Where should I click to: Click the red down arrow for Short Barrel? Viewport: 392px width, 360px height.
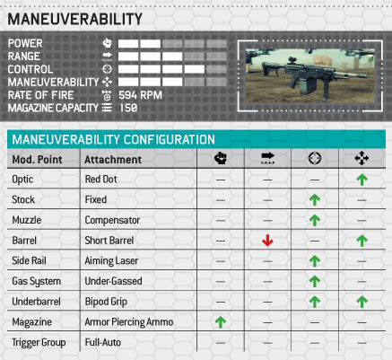pyautogui.click(x=267, y=241)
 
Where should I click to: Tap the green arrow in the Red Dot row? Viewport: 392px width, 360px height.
pyautogui.click(x=362, y=180)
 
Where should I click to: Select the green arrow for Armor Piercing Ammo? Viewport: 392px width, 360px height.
pyautogui.click(x=221, y=322)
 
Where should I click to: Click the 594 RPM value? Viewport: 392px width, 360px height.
pyautogui.click(x=140, y=95)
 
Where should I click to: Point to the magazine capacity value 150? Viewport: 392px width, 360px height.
pyautogui.click(x=128, y=108)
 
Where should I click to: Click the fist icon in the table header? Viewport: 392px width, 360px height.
pyautogui.click(x=221, y=158)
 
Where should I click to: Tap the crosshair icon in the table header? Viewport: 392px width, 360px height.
pyautogui.click(x=315, y=158)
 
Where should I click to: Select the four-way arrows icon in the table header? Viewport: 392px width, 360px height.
pyautogui.click(x=362, y=158)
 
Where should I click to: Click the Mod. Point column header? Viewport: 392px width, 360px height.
pyautogui.click(x=37, y=160)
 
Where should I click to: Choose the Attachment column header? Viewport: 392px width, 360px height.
pyautogui.click(x=113, y=160)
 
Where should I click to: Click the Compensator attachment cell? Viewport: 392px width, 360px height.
pyautogui.click(x=112, y=220)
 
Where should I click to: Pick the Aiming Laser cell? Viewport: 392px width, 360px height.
pyautogui.click(x=111, y=260)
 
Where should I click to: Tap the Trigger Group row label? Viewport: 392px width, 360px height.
pyautogui.click(x=39, y=343)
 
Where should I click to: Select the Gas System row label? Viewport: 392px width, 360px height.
pyautogui.click(x=37, y=281)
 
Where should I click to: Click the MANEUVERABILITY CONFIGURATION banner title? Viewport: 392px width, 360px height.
pyautogui.click(x=114, y=140)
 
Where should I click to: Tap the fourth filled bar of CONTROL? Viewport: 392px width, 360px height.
pyautogui.click(x=195, y=69)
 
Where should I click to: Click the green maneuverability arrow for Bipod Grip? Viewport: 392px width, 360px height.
pyautogui.click(x=362, y=302)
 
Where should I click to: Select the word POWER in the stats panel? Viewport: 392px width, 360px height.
pyautogui.click(x=25, y=43)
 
